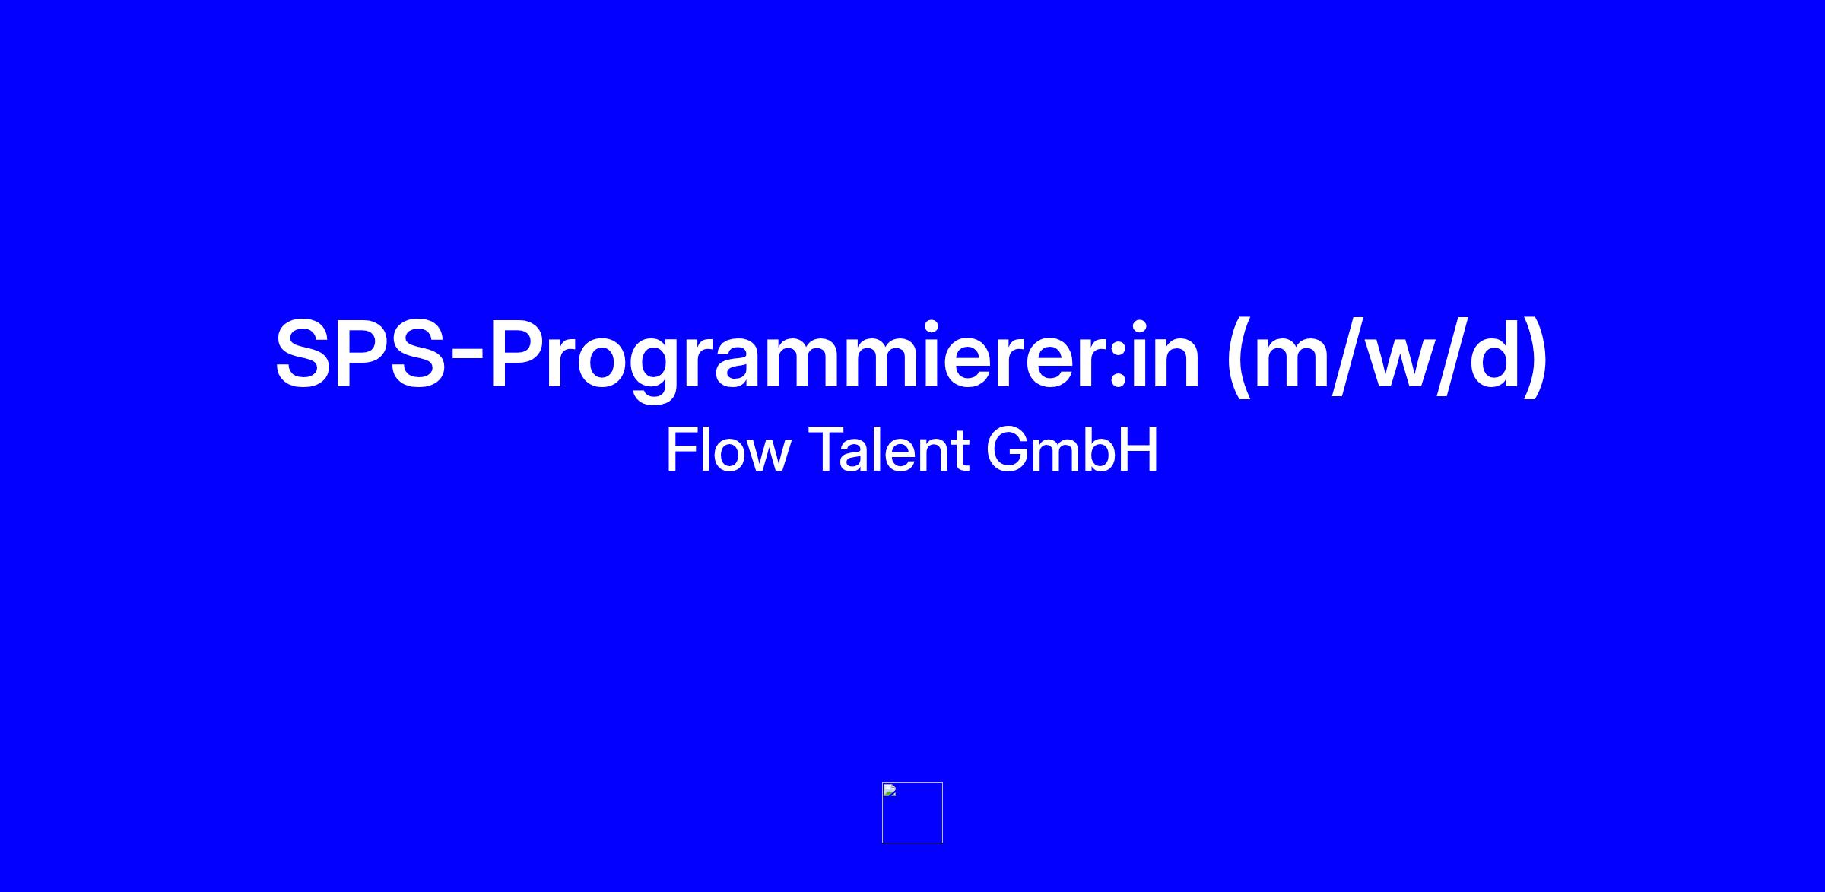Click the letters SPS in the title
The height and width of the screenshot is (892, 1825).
click(x=360, y=355)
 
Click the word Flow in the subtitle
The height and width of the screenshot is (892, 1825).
click(x=728, y=450)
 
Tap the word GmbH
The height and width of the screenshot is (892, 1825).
click(x=1072, y=450)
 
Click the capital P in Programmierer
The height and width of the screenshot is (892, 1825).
click(x=519, y=355)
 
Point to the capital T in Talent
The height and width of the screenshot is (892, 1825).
click(x=824, y=450)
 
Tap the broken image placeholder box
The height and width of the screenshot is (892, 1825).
click(x=912, y=813)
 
